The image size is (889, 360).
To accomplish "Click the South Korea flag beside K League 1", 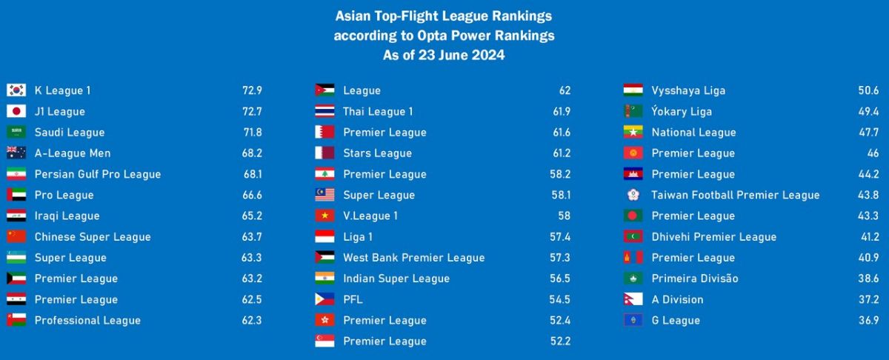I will [x=16, y=90].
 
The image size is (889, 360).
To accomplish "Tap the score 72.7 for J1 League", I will [x=252, y=112].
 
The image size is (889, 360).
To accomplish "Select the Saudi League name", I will [x=70, y=133].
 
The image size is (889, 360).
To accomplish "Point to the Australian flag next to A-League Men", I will [x=16, y=153].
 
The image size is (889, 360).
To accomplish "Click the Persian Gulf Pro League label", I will [x=98, y=175].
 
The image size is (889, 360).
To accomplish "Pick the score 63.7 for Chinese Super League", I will [x=252, y=237].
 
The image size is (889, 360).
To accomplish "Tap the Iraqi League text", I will [x=67, y=216].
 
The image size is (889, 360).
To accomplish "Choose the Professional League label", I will [x=87, y=321].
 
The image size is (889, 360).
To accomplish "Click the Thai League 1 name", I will [x=378, y=112].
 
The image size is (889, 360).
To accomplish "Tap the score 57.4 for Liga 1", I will [x=560, y=237].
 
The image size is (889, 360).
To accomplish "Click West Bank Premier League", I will [x=413, y=258].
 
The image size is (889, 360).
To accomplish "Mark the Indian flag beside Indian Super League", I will [x=324, y=279].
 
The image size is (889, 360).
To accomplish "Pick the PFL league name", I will [x=353, y=300].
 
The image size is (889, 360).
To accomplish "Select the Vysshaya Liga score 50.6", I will [x=868, y=90].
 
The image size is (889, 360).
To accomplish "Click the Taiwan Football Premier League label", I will [x=736, y=196].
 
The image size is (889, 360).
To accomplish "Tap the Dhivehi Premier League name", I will [x=714, y=237].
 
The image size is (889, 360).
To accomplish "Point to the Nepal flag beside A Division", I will [x=632, y=300].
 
